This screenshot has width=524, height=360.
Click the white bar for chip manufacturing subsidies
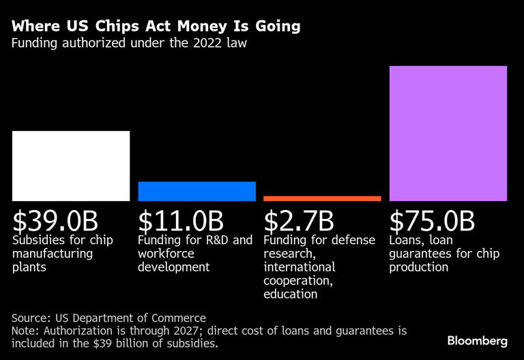click(x=71, y=166)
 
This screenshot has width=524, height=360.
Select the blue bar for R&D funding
click(x=196, y=191)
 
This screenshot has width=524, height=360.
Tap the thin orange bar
click(x=322, y=198)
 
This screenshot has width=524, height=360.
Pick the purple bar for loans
click(x=448, y=134)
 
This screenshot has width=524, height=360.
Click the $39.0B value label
click(x=56, y=221)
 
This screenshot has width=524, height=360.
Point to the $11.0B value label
click(x=181, y=221)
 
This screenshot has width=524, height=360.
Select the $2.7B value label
click(x=299, y=221)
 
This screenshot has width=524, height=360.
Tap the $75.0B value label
click(x=432, y=221)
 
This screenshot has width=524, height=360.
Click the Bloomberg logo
click(x=477, y=340)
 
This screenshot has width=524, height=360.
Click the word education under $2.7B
click(x=291, y=294)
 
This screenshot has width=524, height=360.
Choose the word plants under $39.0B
click(x=29, y=267)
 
